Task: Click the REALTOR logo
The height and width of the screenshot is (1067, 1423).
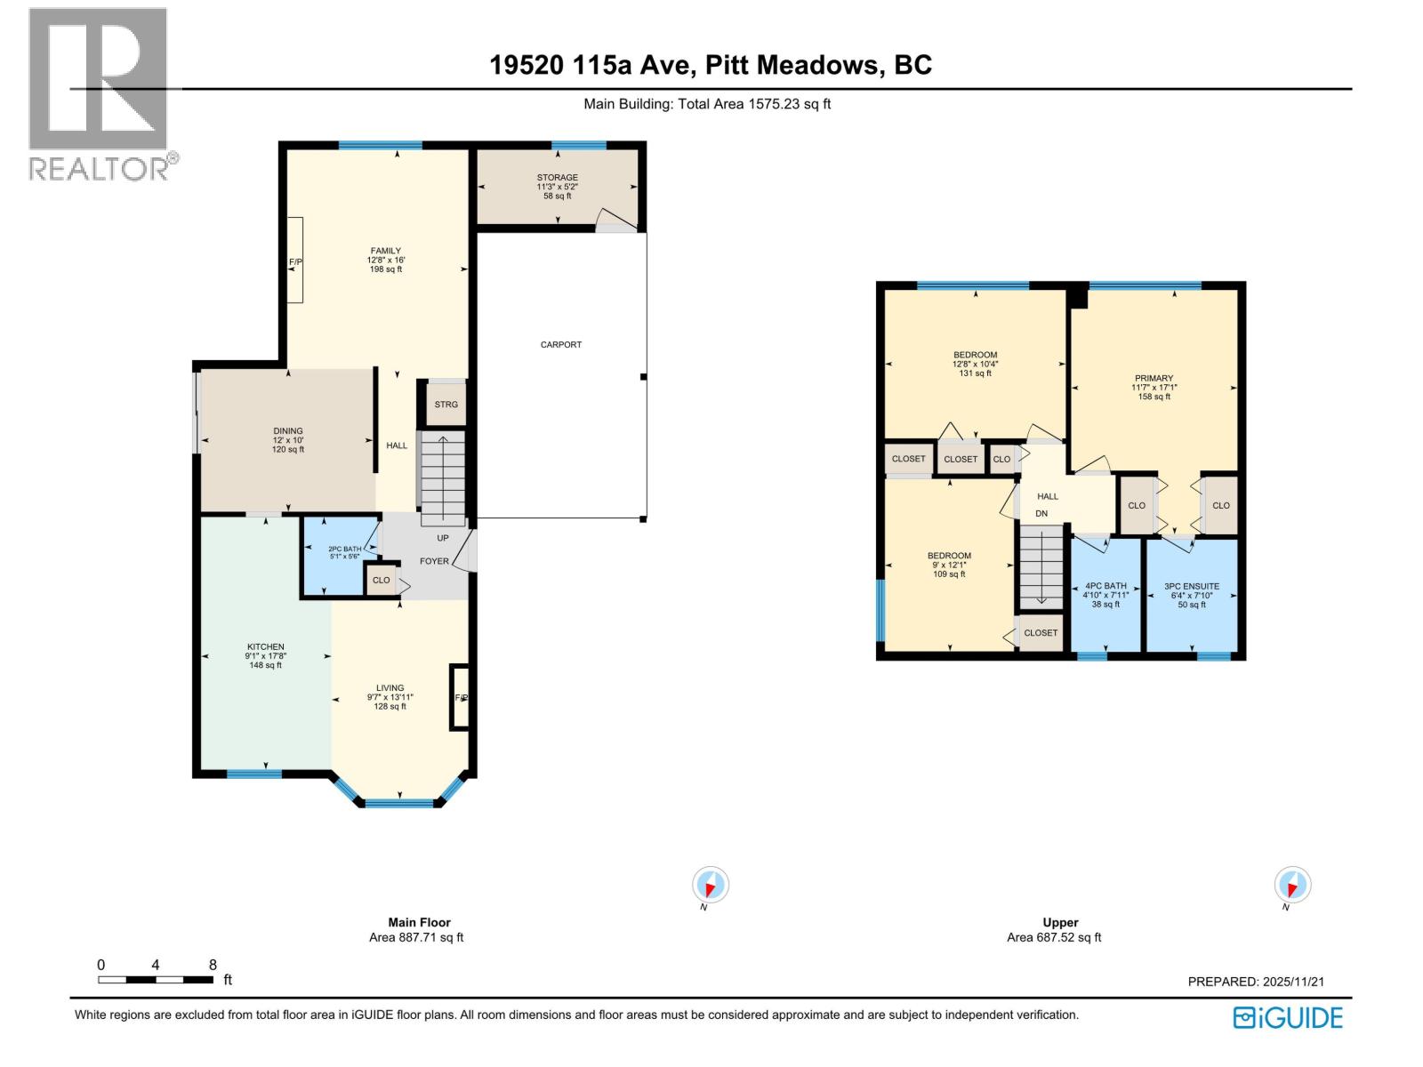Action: [99, 93]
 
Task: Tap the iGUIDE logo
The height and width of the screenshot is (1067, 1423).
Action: [1288, 1017]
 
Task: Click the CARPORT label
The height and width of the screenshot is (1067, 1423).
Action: [560, 344]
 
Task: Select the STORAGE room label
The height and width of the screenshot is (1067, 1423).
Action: [557, 178]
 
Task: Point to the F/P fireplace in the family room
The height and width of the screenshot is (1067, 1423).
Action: [295, 261]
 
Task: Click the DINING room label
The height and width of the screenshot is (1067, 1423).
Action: [288, 431]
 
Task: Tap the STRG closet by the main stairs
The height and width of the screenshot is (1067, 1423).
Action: [446, 405]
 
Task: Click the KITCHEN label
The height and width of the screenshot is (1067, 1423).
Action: [265, 646]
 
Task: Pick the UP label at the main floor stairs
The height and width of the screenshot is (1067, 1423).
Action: [442, 538]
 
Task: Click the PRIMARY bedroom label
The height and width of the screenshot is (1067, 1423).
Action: [1154, 378]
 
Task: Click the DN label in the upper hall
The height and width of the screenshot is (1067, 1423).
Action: [1041, 514]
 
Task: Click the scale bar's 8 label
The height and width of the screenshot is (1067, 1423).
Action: [213, 965]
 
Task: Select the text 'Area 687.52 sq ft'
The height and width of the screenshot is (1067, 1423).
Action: [1054, 937]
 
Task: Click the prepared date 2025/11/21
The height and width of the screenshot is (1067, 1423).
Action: [1293, 982]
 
